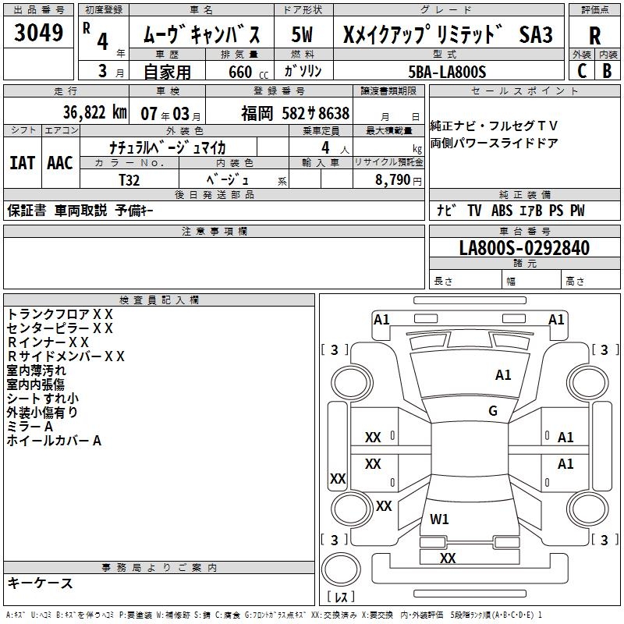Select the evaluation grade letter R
click(x=594, y=34)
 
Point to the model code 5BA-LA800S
click(x=447, y=72)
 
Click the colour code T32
click(x=129, y=179)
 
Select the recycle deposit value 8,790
click(x=394, y=179)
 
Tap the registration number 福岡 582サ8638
click(x=296, y=114)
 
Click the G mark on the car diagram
click(x=492, y=411)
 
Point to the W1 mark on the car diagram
click(x=439, y=519)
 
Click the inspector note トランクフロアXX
click(x=61, y=314)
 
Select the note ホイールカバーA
click(x=55, y=441)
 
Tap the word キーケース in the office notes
click(x=40, y=583)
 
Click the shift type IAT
click(x=21, y=163)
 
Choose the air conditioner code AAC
click(x=59, y=163)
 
